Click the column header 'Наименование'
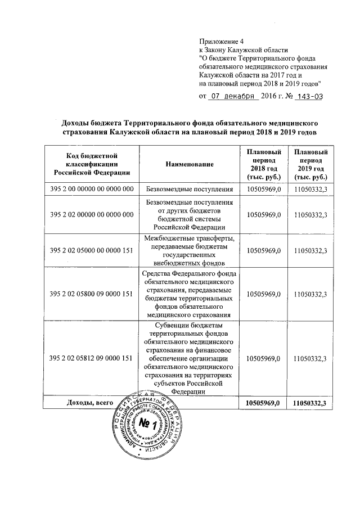pos(190,164)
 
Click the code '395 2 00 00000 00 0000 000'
pos(92,189)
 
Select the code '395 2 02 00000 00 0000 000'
pos(92,214)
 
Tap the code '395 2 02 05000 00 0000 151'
pos(92,250)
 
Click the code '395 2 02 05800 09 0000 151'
pos(92,293)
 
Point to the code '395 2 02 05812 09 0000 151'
pos(92,358)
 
